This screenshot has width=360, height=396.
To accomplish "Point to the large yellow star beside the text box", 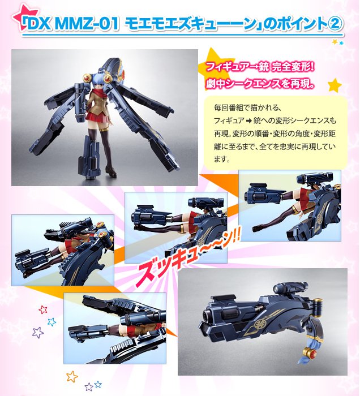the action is click(335, 85).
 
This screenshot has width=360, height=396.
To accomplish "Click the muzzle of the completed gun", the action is click(207, 316).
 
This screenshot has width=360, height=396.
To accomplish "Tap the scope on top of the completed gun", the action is click(290, 288).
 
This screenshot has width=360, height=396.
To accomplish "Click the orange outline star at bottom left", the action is click(72, 376).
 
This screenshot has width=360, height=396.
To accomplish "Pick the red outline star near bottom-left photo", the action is click(43, 309).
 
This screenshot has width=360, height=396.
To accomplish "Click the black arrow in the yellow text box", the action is click(248, 121).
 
